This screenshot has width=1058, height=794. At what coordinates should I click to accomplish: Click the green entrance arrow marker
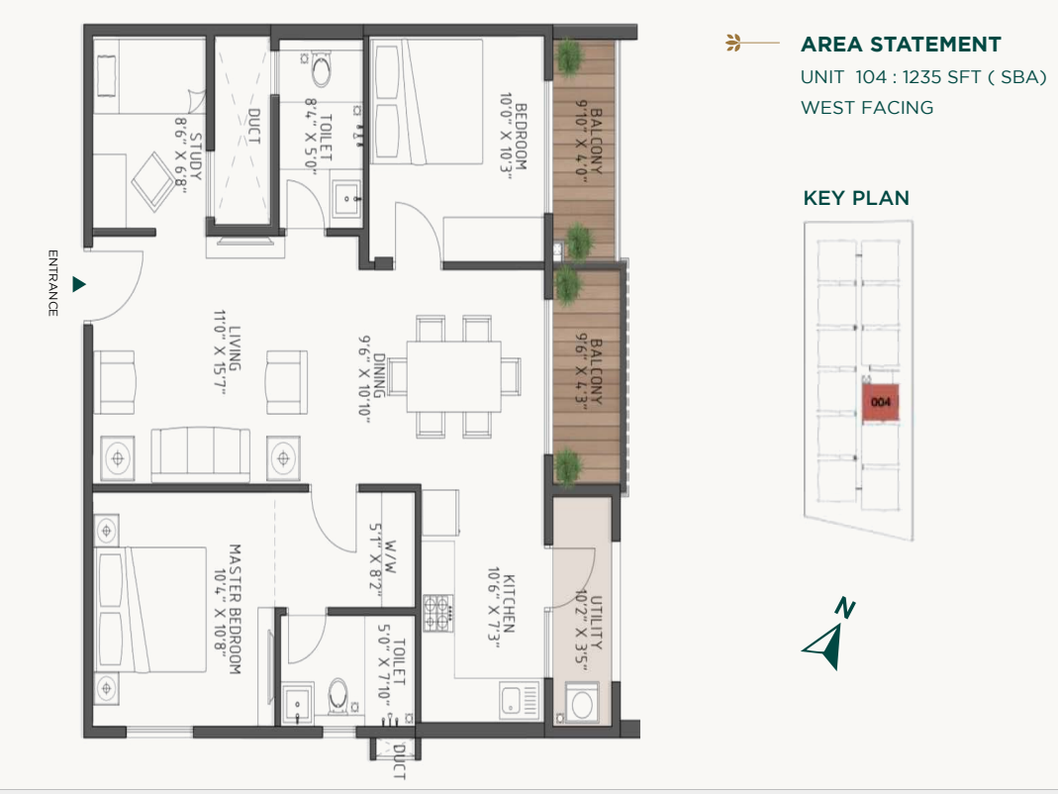coord(79,284)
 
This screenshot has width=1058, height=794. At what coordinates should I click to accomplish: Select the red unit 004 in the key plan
coord(881,403)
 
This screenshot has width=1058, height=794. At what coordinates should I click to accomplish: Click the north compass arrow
coord(828,638)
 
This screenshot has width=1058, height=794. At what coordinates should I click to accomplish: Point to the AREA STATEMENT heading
coord(901,45)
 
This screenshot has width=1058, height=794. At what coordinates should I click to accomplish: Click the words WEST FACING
coord(867,108)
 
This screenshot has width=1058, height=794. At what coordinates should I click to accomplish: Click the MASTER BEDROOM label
coord(236,608)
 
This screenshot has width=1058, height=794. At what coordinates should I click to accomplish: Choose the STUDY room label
coord(195,156)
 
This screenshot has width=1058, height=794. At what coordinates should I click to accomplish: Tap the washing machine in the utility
coord(583,706)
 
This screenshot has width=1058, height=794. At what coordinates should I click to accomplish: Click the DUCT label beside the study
coord(253,127)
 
